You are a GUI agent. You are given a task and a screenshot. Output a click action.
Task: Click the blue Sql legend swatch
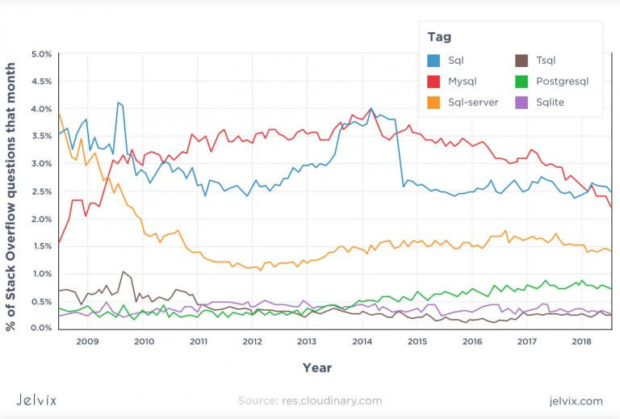click(434, 61)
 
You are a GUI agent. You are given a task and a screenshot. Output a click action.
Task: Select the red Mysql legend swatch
click(434, 82)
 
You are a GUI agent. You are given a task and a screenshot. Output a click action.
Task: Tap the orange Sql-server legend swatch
click(434, 103)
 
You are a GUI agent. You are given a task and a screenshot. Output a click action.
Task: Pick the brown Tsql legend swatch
click(522, 61)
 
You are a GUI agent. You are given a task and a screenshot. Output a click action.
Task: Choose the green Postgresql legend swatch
click(522, 82)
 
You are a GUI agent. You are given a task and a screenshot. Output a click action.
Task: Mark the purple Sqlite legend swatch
click(522, 103)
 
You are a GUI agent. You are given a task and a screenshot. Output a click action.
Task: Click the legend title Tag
click(439, 37)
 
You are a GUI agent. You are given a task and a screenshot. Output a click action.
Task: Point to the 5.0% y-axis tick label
click(41, 54)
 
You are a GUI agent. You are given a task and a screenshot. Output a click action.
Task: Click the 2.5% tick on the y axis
click(41, 191)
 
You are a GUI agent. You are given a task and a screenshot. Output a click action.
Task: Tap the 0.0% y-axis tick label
click(41, 328)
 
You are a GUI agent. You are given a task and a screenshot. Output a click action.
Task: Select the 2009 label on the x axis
click(87, 341)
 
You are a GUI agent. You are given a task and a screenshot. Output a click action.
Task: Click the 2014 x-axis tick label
click(362, 341)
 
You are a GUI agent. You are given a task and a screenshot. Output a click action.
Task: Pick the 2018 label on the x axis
click(581, 341)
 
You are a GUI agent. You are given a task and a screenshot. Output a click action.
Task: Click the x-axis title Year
click(317, 368)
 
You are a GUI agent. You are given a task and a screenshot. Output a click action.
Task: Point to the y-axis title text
click(10, 197)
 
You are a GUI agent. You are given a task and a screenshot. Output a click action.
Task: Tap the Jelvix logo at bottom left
click(36, 400)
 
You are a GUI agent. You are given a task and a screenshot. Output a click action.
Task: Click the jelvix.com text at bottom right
click(576, 401)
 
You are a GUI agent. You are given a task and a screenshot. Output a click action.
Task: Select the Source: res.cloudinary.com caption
click(310, 400)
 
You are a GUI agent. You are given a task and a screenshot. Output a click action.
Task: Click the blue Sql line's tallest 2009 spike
click(118, 103)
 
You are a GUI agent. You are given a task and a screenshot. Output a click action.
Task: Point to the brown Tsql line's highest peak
click(123, 271)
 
